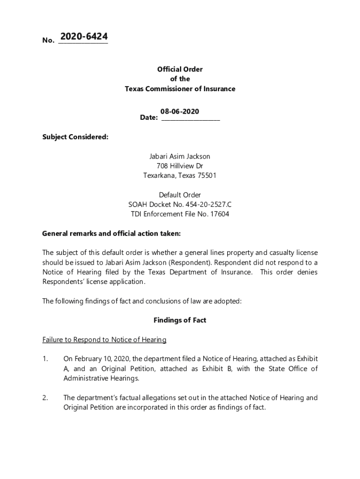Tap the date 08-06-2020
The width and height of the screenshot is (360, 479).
click(x=180, y=111)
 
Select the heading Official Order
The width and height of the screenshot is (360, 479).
click(x=180, y=69)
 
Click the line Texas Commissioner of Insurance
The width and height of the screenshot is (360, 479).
click(x=180, y=89)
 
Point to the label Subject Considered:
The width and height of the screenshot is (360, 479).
click(x=75, y=137)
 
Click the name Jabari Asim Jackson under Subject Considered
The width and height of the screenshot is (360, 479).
click(x=180, y=156)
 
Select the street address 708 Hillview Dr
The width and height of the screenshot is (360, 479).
click(x=180, y=166)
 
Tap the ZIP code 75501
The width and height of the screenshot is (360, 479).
click(x=207, y=176)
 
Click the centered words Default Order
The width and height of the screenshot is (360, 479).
click(x=180, y=195)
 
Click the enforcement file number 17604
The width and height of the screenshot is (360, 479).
click(x=219, y=214)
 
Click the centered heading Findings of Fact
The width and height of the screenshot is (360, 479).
click(x=180, y=320)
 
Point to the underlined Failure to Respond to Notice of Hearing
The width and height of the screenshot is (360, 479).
click(x=104, y=340)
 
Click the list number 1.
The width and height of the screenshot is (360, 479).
click(x=45, y=359)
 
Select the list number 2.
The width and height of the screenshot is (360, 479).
click(x=45, y=398)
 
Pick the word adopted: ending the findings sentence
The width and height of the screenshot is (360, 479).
click(x=228, y=301)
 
